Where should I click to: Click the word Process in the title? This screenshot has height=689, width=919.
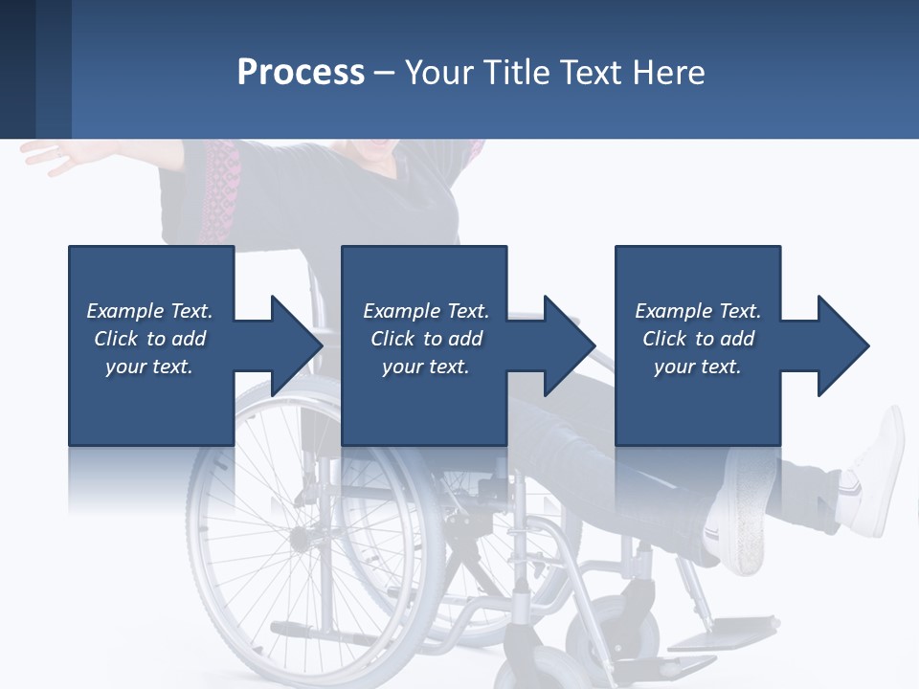(x=301, y=73)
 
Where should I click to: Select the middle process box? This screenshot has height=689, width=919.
(x=424, y=402)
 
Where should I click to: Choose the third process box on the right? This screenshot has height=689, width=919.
(x=697, y=402)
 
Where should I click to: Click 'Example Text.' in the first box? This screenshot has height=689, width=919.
(x=149, y=311)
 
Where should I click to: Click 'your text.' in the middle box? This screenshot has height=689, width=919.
(x=425, y=367)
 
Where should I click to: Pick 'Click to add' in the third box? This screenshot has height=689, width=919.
(x=698, y=339)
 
